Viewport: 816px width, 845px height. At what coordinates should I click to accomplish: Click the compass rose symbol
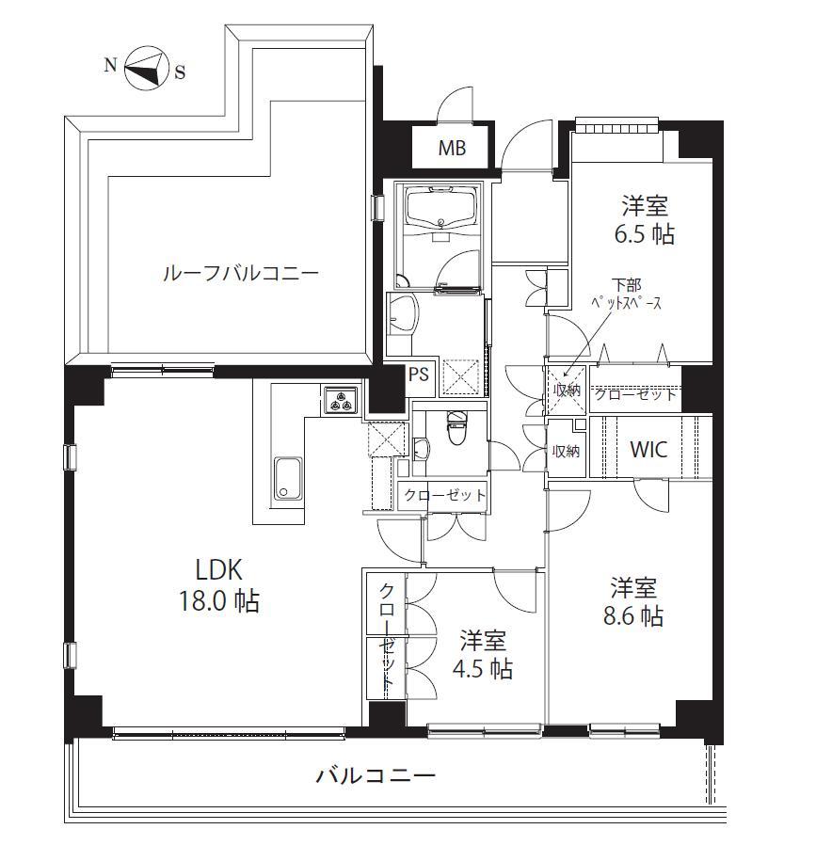point(144,69)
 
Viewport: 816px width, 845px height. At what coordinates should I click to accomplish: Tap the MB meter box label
point(452,148)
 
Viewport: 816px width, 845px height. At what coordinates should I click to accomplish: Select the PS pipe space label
point(418,374)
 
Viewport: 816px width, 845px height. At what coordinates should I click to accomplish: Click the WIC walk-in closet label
point(648,449)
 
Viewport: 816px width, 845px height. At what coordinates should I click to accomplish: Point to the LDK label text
point(218,569)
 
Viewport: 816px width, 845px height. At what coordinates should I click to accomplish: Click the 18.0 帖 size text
point(218,601)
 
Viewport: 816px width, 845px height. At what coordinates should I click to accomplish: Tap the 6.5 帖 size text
point(645,234)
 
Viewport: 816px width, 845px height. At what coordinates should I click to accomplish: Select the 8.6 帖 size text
point(633,616)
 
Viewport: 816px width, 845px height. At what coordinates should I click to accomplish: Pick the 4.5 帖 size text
point(483,669)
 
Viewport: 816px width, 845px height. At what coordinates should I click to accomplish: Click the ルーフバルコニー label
point(240,273)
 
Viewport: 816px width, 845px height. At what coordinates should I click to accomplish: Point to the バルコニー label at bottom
point(376,776)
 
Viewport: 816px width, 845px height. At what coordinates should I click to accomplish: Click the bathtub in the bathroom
point(442,210)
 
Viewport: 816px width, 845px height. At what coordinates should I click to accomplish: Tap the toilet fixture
point(456,427)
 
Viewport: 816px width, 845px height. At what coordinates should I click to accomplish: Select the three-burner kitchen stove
point(342,401)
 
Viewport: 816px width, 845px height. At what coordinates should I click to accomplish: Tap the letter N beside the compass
point(110,65)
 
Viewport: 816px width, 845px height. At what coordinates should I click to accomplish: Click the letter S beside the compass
point(180,72)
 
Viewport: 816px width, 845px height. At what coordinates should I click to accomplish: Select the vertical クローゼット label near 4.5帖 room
point(386,636)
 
